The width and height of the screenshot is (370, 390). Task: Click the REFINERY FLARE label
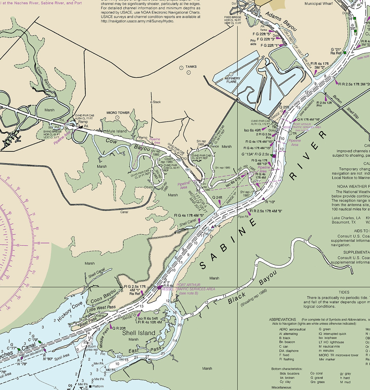pos(232,80)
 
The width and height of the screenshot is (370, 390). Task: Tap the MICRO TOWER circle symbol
pos(117,117)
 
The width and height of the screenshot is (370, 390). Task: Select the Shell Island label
pos(138,333)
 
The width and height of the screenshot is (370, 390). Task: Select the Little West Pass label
pos(101,309)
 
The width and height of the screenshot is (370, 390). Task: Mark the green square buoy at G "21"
pos(345,53)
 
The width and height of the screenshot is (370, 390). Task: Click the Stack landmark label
pos(156,102)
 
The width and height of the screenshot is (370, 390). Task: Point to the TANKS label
pos(191,67)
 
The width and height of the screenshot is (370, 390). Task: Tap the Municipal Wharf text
pos(318,4)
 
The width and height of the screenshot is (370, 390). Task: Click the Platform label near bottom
pos(98,386)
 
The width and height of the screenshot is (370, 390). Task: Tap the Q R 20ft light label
pos(119,328)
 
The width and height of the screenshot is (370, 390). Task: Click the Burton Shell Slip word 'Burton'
pos(337,99)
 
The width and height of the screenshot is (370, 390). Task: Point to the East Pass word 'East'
pos(133,351)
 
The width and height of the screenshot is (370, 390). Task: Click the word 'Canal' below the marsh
pos(124,212)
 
